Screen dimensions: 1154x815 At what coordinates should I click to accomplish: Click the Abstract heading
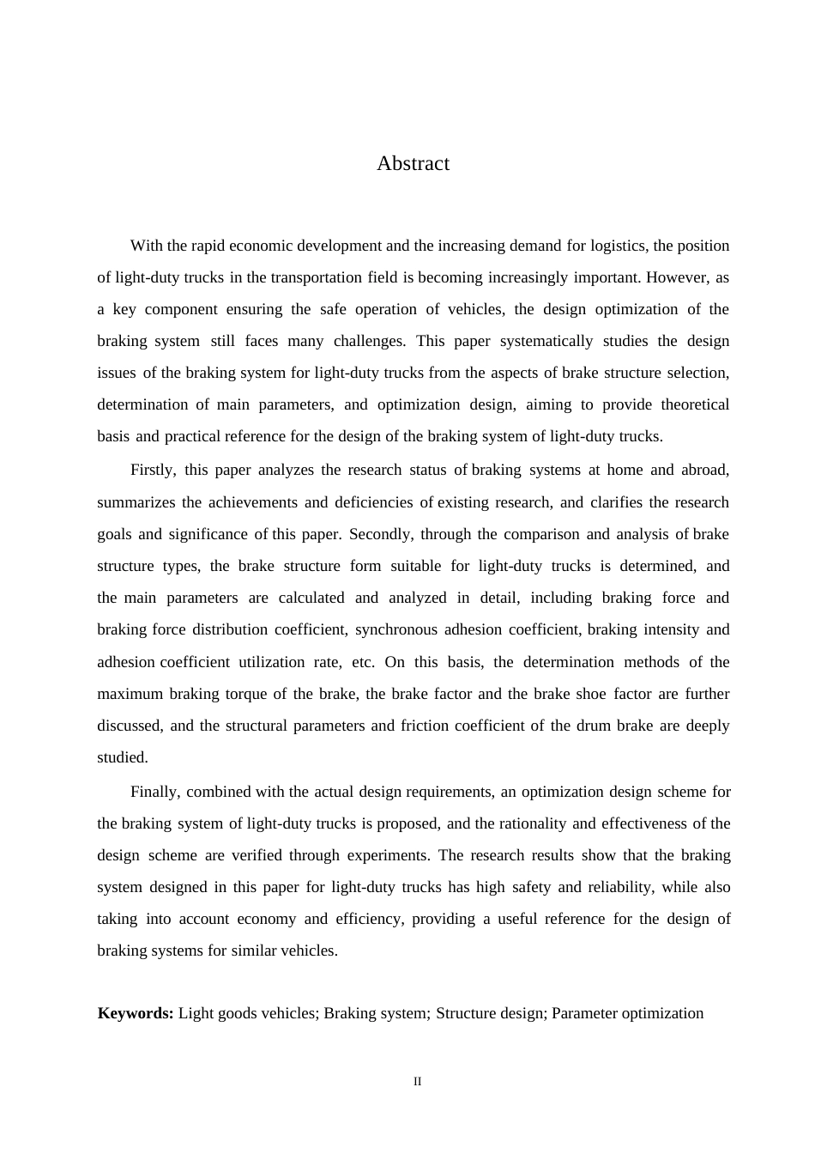pos(413,163)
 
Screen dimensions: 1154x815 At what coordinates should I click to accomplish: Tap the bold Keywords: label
pos(136,1013)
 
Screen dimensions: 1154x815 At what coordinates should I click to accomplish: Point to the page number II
pos(418,1081)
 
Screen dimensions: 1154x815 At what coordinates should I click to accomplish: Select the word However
pos(678,277)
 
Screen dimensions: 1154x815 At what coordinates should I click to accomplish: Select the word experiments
pos(390,855)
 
